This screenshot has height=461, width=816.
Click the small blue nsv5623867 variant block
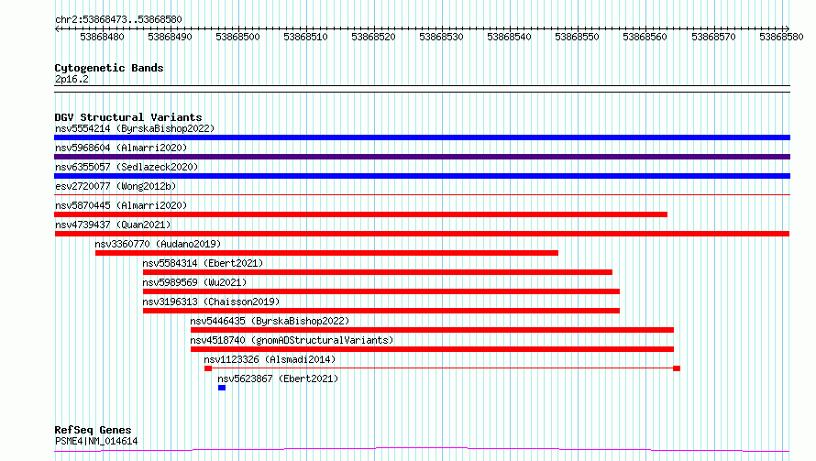222,388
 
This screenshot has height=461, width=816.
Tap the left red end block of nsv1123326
208,368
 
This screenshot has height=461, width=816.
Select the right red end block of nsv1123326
677,368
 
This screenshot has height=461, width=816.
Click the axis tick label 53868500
237,37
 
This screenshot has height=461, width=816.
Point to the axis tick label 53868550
577,37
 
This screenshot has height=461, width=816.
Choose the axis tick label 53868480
102,37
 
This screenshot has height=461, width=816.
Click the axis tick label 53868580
781,37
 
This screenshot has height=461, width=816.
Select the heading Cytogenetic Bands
109,68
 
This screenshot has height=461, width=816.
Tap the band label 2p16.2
72,79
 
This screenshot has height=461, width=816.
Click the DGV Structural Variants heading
128,117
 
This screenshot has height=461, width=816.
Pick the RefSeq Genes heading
93,431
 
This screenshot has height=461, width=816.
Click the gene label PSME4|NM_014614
96,441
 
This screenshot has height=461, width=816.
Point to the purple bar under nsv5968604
422,157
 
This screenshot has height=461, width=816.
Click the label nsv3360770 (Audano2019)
158,244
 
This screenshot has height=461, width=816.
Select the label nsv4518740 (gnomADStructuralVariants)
292,340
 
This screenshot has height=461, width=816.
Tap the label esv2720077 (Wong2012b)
116,186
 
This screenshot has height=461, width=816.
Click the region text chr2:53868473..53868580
118,20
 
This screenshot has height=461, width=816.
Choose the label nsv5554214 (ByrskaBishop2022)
135,128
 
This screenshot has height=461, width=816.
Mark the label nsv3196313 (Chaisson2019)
211,302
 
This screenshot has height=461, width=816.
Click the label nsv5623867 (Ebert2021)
278,379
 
